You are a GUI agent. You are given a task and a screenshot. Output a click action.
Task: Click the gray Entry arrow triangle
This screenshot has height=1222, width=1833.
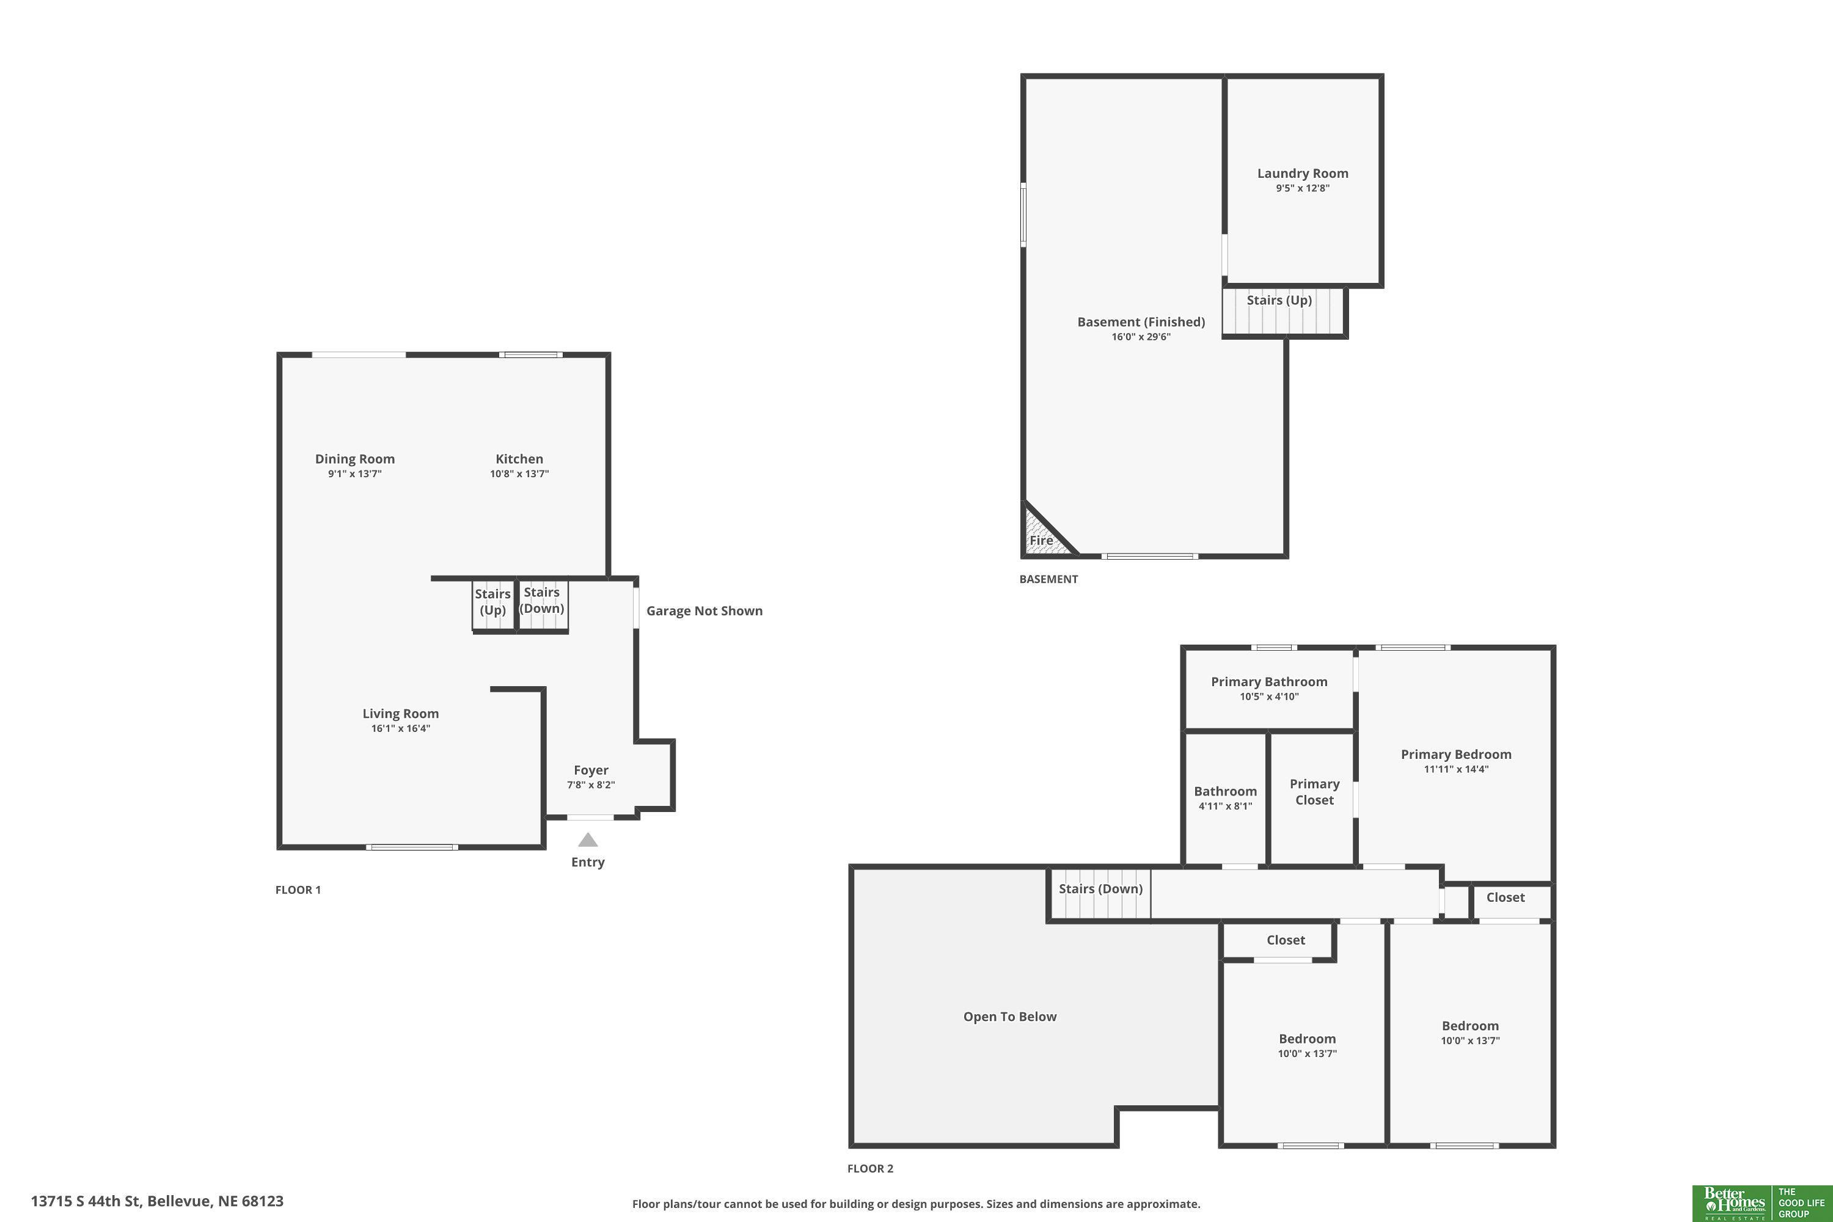tap(588, 840)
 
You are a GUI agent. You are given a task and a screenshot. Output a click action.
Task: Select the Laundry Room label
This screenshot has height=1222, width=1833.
tap(1302, 173)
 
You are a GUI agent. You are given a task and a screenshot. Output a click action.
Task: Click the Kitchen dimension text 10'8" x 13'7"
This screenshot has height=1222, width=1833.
tap(519, 474)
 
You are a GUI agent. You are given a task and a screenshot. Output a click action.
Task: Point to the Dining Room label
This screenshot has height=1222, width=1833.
tap(354, 459)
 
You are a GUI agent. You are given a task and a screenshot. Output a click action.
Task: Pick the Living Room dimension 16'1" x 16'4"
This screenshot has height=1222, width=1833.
tap(401, 729)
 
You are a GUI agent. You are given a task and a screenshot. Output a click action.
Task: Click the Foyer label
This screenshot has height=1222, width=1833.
tap(591, 770)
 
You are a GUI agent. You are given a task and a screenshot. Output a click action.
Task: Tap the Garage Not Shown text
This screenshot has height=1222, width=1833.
tap(704, 611)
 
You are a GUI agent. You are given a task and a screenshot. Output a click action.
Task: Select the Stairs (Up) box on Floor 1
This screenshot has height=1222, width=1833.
tap(493, 606)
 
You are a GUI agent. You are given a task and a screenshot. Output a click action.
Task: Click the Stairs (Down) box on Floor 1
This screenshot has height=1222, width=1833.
tap(543, 606)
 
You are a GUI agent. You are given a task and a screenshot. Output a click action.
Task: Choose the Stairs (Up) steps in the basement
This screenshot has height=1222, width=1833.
tap(1284, 312)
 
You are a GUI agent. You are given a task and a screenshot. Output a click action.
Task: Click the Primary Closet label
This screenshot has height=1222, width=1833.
tap(1314, 792)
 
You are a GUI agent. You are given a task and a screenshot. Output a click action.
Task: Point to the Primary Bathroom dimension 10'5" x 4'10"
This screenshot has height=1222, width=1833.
tap(1269, 697)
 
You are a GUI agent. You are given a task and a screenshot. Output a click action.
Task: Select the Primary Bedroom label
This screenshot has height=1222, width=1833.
tap(1456, 755)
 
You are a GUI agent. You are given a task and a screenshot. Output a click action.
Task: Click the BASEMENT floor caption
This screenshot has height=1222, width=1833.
tap(1048, 579)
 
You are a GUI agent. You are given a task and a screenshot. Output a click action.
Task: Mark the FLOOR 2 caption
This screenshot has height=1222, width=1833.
tap(871, 1168)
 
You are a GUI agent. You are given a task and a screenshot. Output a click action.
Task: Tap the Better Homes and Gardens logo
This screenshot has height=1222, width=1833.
tap(1733, 1202)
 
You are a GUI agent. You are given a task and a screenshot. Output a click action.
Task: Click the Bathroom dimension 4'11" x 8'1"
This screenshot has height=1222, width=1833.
tap(1225, 807)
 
